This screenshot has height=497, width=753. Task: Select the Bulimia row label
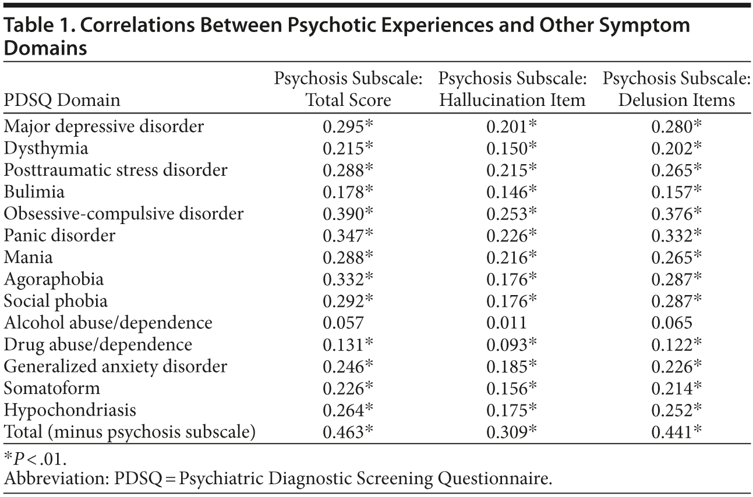pos(34,191)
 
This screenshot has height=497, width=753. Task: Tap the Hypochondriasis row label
pos(70,410)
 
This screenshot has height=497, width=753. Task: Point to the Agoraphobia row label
pos(54,279)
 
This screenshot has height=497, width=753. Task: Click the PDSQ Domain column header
pos(62,100)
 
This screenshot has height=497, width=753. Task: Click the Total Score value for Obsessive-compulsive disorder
pos(348,214)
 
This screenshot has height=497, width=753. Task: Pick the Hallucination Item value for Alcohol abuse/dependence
pos(507,322)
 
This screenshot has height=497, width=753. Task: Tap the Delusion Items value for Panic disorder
pos(677,236)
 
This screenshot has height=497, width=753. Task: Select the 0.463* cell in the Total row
pos(348,432)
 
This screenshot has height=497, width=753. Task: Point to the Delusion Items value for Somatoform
pos(677,388)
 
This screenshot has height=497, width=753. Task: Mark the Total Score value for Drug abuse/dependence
pos(348,345)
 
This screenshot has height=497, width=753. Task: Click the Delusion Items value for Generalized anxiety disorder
pos(677,367)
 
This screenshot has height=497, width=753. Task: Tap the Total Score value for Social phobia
pos(348,301)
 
